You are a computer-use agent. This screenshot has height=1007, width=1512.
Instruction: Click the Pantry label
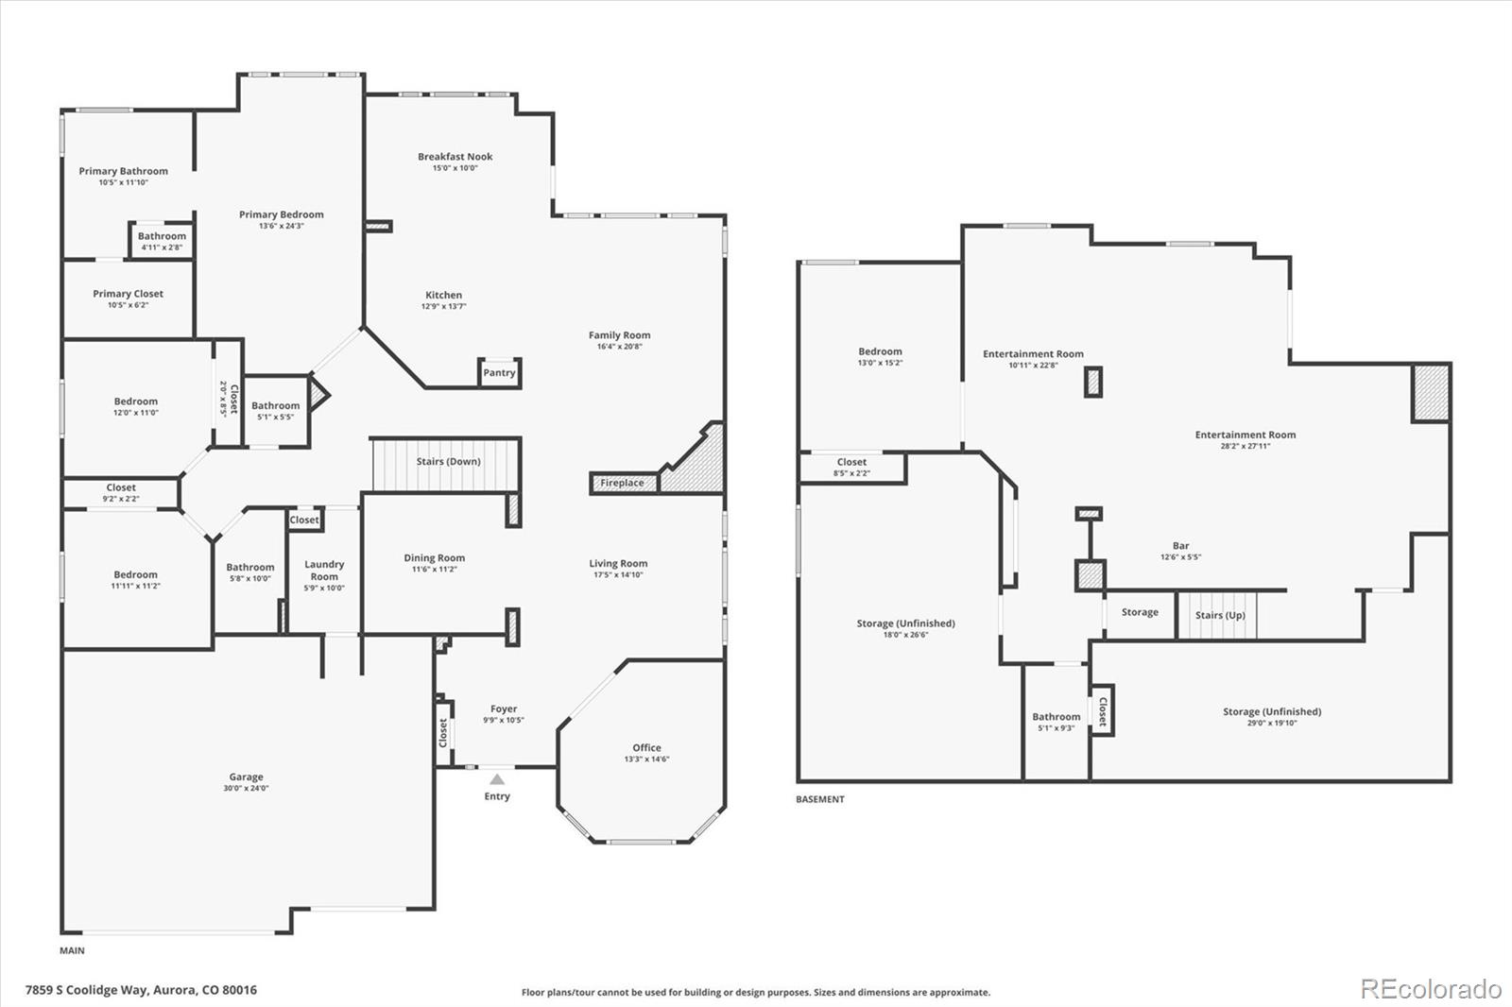click(499, 372)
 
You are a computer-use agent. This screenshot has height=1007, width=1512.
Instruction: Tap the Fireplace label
click(622, 483)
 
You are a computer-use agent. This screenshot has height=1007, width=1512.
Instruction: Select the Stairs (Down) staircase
click(446, 465)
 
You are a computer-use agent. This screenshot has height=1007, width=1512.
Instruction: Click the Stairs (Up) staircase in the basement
click(1217, 615)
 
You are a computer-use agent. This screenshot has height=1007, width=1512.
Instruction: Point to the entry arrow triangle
click(497, 779)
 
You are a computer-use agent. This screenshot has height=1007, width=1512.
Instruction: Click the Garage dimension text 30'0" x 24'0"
click(246, 788)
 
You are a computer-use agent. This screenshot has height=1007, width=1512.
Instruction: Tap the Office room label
click(646, 747)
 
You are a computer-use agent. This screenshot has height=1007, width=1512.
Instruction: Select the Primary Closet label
click(128, 294)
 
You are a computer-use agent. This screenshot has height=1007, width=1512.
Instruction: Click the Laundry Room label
click(324, 570)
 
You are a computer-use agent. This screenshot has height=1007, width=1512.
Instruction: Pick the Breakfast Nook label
click(455, 157)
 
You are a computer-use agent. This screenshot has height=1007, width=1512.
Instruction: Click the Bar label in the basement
click(1180, 545)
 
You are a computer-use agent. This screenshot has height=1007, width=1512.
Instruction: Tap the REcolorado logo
click(1431, 989)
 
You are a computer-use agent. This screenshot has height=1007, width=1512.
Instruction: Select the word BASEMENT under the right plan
click(820, 799)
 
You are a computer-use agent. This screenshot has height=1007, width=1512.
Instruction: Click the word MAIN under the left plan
click(72, 950)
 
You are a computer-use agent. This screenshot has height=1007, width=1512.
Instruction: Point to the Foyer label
click(504, 708)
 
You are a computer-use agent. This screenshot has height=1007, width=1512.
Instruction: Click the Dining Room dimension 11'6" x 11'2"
click(435, 569)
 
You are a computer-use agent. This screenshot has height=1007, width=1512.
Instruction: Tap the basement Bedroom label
click(880, 351)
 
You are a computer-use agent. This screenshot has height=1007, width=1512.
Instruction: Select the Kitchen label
click(443, 295)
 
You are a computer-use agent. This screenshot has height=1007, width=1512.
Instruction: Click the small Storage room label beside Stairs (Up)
click(1140, 612)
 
